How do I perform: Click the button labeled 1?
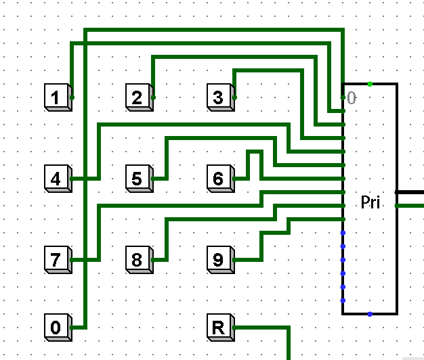58,97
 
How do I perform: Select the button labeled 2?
140,97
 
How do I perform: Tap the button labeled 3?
221,97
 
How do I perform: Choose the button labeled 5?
140,179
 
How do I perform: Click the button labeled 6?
221,179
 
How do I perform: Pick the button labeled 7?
58,260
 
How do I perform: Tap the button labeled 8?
140,260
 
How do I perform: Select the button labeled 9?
221,260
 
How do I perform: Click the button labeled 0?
58,328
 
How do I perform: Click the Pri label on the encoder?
370,202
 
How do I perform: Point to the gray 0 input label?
352,97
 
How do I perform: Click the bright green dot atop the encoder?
370,84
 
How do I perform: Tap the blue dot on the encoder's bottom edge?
370,314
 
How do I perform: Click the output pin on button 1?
72,97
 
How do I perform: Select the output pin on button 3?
234,97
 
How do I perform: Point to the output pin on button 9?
234,260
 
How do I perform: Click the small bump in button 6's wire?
255,152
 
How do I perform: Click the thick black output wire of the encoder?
409,192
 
